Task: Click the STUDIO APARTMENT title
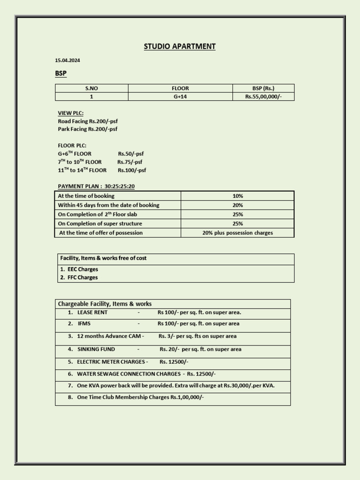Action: click(180, 46)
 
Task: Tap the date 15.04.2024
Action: click(64, 60)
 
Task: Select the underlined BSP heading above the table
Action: click(61, 74)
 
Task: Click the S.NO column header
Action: click(91, 88)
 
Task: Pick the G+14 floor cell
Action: click(180, 97)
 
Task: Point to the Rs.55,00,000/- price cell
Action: click(263, 97)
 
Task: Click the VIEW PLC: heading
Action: click(70, 113)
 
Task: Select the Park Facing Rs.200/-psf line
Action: click(88, 129)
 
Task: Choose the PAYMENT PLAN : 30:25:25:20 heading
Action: click(96, 186)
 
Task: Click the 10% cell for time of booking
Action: click(237, 196)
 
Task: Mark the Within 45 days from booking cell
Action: click(108, 205)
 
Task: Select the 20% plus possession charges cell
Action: click(237, 232)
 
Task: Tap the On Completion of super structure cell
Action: click(100, 224)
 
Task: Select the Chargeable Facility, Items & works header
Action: click(105, 304)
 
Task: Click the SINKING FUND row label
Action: click(96, 349)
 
